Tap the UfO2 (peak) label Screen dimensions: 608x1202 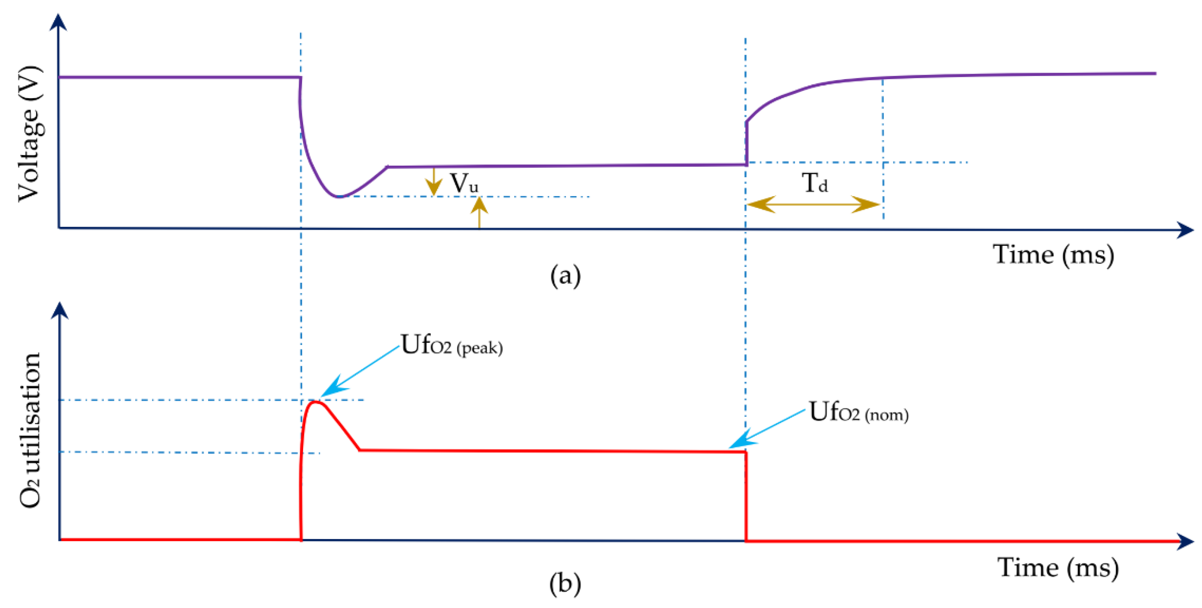[x=451, y=345]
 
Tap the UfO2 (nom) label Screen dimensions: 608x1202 [x=858, y=412]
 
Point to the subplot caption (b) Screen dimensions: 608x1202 [x=565, y=583]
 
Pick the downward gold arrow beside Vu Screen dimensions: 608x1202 [x=434, y=182]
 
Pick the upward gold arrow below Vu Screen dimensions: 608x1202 [x=479, y=212]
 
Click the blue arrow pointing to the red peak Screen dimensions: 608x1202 [x=360, y=371]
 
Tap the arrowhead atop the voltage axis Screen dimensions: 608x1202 [x=58, y=22]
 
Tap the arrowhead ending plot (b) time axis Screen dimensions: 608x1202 [x=1185, y=541]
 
